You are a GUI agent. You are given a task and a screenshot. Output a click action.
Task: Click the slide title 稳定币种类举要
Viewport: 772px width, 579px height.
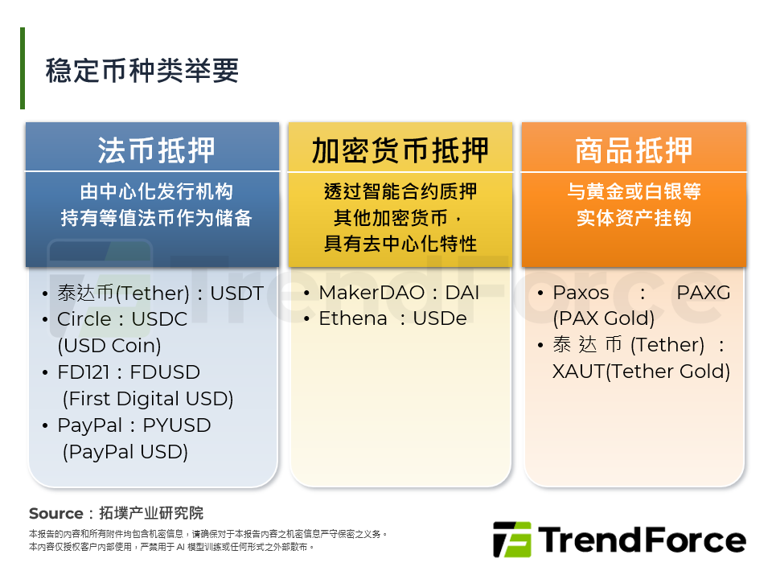[142, 71]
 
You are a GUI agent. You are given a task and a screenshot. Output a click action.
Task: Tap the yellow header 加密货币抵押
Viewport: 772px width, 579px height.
[400, 150]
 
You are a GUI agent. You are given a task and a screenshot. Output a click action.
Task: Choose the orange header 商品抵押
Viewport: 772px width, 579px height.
[634, 150]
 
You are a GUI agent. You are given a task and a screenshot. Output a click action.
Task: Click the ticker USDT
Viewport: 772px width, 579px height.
[236, 294]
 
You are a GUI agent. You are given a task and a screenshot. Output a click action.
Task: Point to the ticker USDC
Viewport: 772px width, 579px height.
[158, 319]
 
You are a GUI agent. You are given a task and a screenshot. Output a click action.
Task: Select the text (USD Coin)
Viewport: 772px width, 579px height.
[109, 346]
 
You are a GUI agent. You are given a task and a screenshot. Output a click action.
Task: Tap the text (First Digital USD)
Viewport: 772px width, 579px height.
[148, 399]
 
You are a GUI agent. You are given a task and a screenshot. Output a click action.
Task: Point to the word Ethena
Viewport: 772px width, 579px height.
[353, 318]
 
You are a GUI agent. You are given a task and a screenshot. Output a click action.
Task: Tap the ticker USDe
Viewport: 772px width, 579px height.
[439, 318]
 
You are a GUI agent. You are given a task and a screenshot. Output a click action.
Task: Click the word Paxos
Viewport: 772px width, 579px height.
[581, 293]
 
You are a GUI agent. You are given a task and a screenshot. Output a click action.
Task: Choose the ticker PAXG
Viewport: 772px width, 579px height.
[703, 293]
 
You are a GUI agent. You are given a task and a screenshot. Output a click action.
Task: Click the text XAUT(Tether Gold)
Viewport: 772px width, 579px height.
[641, 372]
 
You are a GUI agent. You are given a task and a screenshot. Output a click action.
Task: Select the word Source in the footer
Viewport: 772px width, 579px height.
[55, 513]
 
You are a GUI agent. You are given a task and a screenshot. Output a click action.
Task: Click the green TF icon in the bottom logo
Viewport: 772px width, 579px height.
[511, 540]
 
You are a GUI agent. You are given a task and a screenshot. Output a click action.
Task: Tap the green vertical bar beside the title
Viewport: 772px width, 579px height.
[23, 68]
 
